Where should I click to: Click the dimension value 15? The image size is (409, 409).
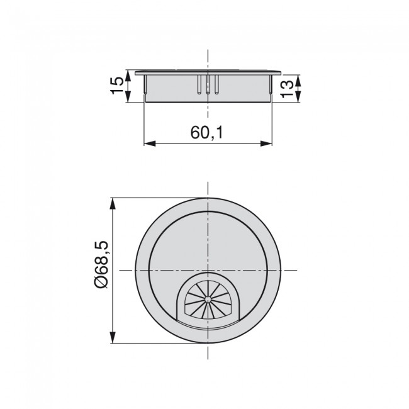point(117,85)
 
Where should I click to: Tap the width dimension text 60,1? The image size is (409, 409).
point(208,133)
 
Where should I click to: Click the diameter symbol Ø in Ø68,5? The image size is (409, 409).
point(100,284)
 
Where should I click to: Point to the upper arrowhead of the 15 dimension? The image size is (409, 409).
point(129,74)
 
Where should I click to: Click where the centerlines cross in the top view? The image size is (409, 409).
point(208,271)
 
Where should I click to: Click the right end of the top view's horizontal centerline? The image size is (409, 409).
point(296,271)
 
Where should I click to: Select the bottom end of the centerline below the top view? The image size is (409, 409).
point(208,363)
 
